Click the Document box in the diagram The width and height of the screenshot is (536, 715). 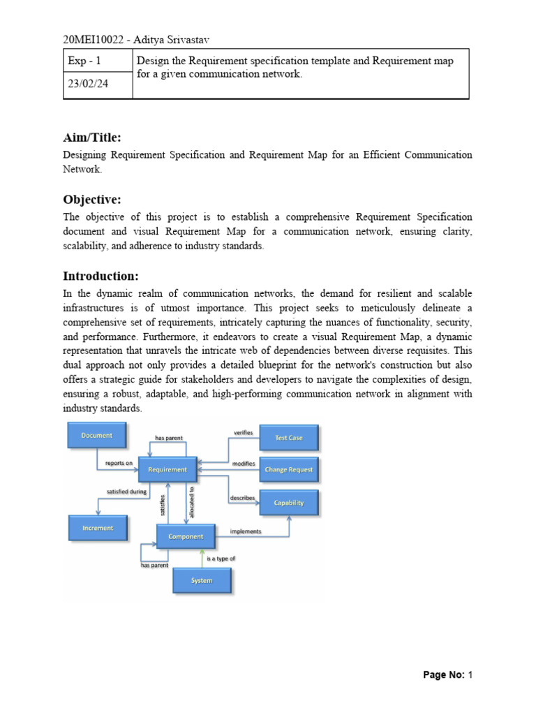click(x=97, y=436)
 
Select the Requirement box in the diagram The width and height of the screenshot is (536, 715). click(x=167, y=470)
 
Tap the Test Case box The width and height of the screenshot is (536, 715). click(x=289, y=438)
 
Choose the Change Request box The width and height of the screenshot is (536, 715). click(x=289, y=470)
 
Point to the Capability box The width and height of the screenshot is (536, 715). click(x=289, y=503)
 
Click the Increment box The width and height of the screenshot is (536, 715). click(x=98, y=528)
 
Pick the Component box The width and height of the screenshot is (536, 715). click(x=186, y=536)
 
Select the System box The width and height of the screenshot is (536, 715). click(x=202, y=580)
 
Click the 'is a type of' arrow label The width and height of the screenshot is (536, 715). click(x=221, y=559)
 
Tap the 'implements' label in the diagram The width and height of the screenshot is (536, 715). click(x=246, y=531)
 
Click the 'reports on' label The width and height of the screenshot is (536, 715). click(x=119, y=462)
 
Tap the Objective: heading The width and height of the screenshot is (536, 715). click(x=92, y=200)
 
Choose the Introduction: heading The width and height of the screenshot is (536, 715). click(x=101, y=275)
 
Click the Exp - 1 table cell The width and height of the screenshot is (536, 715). click(x=84, y=61)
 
